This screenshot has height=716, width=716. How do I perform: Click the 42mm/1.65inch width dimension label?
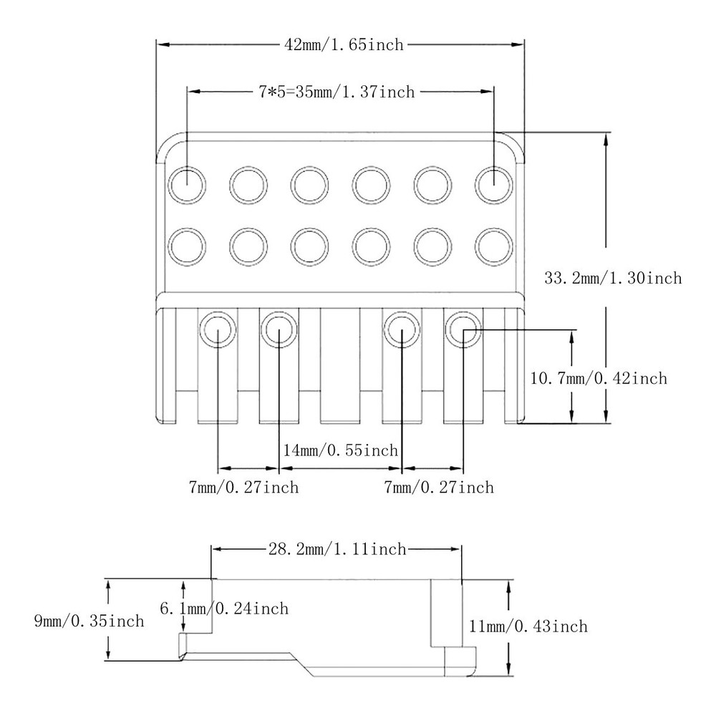click(344, 44)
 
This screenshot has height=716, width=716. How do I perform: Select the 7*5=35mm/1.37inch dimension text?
click(337, 92)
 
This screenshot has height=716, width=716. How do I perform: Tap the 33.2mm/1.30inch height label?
click(612, 278)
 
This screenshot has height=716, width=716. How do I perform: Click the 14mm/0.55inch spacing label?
click(340, 450)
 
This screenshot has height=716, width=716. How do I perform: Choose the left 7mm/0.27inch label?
click(243, 488)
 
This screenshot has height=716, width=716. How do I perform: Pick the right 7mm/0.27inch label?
click(439, 488)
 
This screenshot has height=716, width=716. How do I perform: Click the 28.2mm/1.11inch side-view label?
click(337, 549)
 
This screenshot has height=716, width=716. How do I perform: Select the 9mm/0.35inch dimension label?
click(89, 621)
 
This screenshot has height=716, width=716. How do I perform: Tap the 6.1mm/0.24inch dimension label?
click(223, 609)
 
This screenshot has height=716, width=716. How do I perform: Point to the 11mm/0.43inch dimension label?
click(527, 626)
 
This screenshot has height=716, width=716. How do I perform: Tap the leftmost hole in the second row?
click(186, 246)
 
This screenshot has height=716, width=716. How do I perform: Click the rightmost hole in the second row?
click(493, 246)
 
